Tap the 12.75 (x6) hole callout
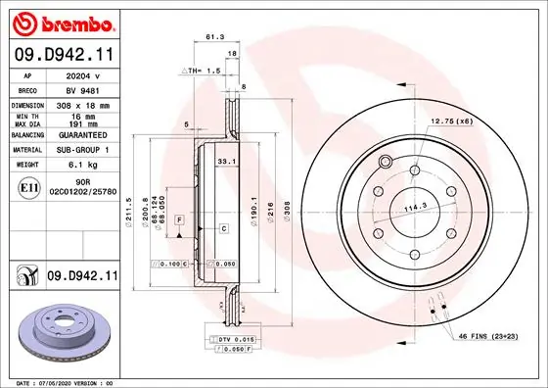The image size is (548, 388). coord(452,121)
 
